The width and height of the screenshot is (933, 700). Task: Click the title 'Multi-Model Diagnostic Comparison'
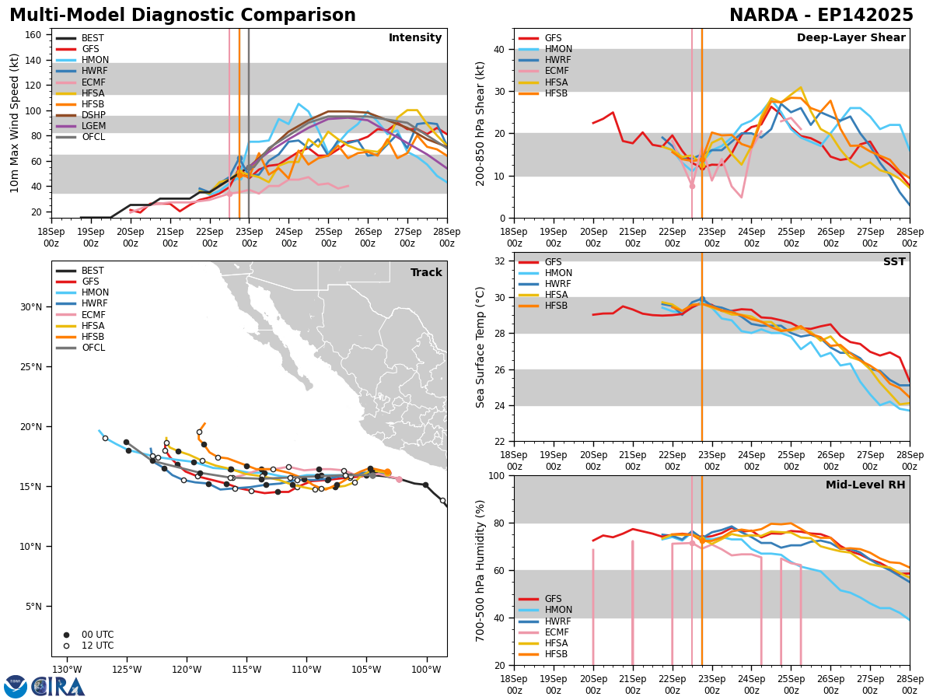coord(183,16)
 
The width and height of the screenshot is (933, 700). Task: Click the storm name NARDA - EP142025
coord(821,16)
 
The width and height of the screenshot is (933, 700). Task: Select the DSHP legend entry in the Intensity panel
coord(93,115)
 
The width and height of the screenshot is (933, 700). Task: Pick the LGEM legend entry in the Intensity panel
coord(93,126)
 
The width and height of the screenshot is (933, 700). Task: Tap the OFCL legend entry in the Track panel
coord(93,348)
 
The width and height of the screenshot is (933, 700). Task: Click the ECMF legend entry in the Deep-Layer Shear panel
coord(556,72)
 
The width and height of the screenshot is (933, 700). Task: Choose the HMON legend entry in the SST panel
coord(558,273)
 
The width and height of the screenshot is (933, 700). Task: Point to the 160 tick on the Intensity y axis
coord(35,35)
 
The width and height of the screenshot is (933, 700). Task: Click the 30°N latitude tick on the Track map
coord(31,306)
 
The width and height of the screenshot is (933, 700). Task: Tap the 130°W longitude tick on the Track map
coord(67,670)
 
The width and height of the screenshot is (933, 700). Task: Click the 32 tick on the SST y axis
coord(499,261)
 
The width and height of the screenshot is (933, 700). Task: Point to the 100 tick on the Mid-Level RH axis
coord(496,476)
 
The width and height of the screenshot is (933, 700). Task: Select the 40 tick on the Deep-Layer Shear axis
coord(499,49)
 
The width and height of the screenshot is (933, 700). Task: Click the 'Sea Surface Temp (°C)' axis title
coord(481,346)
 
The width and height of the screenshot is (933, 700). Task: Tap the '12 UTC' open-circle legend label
coord(97,646)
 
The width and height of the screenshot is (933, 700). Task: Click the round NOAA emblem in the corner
coord(16,687)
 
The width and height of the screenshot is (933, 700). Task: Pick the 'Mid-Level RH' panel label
coord(865,485)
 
